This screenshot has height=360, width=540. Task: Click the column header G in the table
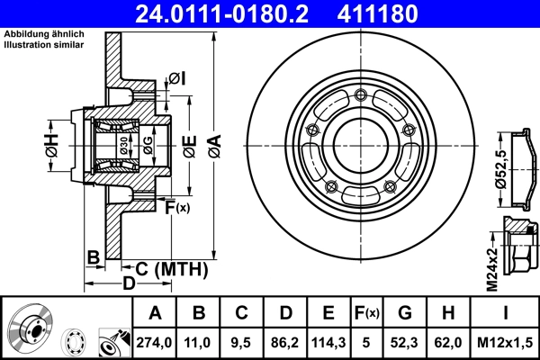(404, 313)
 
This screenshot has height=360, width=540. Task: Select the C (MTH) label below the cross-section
(171, 268)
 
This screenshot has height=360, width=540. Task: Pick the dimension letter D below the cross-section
(129, 283)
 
